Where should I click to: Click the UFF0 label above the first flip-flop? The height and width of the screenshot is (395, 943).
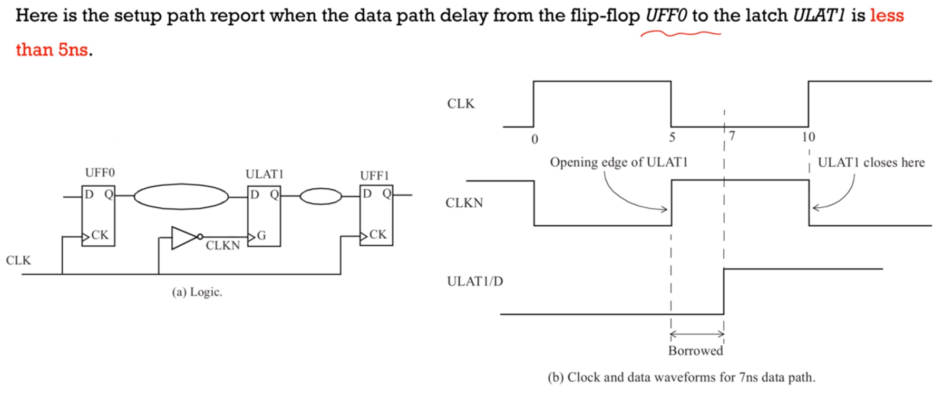coord(100,173)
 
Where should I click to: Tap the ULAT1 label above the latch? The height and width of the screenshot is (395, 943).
coord(264,175)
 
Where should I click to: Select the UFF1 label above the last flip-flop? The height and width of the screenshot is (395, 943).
coord(374,176)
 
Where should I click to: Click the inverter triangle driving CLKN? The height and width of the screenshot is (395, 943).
coord(183,238)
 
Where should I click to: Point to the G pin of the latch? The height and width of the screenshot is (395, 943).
coord(261,236)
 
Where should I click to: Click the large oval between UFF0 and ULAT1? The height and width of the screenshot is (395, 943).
coord(181,197)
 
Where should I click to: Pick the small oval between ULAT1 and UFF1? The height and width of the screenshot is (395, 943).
coord(320,197)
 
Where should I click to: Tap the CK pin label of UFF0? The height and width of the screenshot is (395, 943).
coord(100,235)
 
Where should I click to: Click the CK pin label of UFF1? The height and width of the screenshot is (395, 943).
coord(378,235)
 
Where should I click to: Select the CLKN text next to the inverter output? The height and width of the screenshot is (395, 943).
coord(222,246)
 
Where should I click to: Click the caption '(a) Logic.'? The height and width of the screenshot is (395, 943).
coord(197,292)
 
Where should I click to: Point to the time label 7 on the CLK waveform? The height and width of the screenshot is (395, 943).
coord(732,136)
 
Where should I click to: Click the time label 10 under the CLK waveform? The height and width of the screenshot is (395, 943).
coord(808,137)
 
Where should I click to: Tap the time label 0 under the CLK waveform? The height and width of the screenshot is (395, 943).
coord(534,139)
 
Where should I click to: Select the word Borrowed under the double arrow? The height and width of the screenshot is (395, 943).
coord(695,351)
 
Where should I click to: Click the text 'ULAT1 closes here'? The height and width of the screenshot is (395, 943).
coord(871,162)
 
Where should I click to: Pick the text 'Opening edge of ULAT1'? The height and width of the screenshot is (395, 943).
coord(619,162)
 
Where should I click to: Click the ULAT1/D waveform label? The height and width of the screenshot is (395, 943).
coord(474,282)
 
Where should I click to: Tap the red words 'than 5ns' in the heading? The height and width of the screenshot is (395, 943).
coord(52,50)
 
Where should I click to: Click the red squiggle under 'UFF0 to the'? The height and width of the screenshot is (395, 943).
coord(680,34)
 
